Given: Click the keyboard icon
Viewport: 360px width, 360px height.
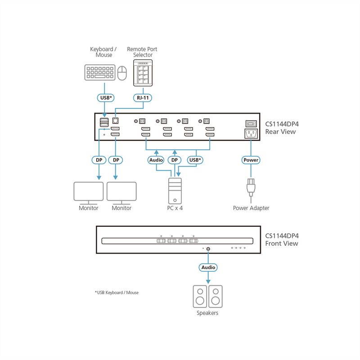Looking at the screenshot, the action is [100, 72].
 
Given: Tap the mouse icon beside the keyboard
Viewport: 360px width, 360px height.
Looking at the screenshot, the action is [122, 73].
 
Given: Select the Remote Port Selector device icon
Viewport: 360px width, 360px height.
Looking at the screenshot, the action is [143, 73].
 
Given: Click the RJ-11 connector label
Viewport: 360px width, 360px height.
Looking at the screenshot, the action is [143, 98].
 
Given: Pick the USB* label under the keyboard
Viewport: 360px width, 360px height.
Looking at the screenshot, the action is [106, 98].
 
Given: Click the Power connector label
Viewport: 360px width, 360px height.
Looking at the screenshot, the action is [251, 160].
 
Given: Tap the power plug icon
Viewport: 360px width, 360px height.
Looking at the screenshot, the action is [251, 188].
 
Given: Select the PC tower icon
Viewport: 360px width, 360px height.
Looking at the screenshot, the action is [175, 191].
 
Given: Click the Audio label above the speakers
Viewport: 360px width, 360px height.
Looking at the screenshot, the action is [208, 267].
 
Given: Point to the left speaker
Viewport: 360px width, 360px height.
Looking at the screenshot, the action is [200, 297].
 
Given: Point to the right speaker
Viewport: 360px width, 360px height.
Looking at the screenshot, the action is [216, 297].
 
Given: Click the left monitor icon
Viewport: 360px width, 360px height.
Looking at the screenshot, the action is [89, 193].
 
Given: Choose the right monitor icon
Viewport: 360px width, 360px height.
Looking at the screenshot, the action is [121, 193].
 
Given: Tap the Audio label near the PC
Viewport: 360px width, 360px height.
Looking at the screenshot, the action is [156, 160].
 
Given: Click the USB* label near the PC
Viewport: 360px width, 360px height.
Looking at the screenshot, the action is [195, 160].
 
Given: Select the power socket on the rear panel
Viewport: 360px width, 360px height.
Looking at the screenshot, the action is [251, 134].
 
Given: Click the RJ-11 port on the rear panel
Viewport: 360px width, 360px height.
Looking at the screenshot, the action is [115, 121].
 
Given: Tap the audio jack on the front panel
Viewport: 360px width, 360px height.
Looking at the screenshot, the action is [208, 249].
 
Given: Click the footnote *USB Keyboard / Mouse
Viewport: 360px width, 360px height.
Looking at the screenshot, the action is [117, 292].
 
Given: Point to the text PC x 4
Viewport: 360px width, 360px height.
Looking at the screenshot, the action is [175, 208].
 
